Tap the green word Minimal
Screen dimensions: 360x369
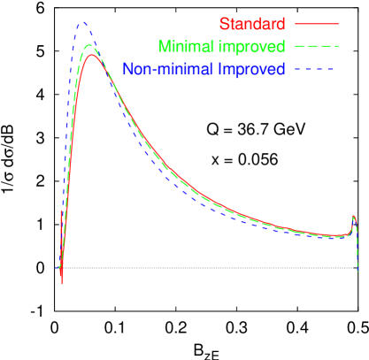pyautogui.click(x=183, y=46)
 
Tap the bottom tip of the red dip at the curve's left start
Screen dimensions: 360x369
pyautogui.click(x=62, y=283)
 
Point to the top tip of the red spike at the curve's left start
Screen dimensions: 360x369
pyautogui.click(x=60, y=211)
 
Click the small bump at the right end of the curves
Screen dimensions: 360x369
pyautogui.click(x=354, y=217)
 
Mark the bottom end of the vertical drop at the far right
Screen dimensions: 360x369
pyautogui.click(x=357, y=272)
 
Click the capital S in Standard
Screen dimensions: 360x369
pyautogui.click(x=223, y=23)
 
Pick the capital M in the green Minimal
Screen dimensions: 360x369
pyautogui.click(x=163, y=46)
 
